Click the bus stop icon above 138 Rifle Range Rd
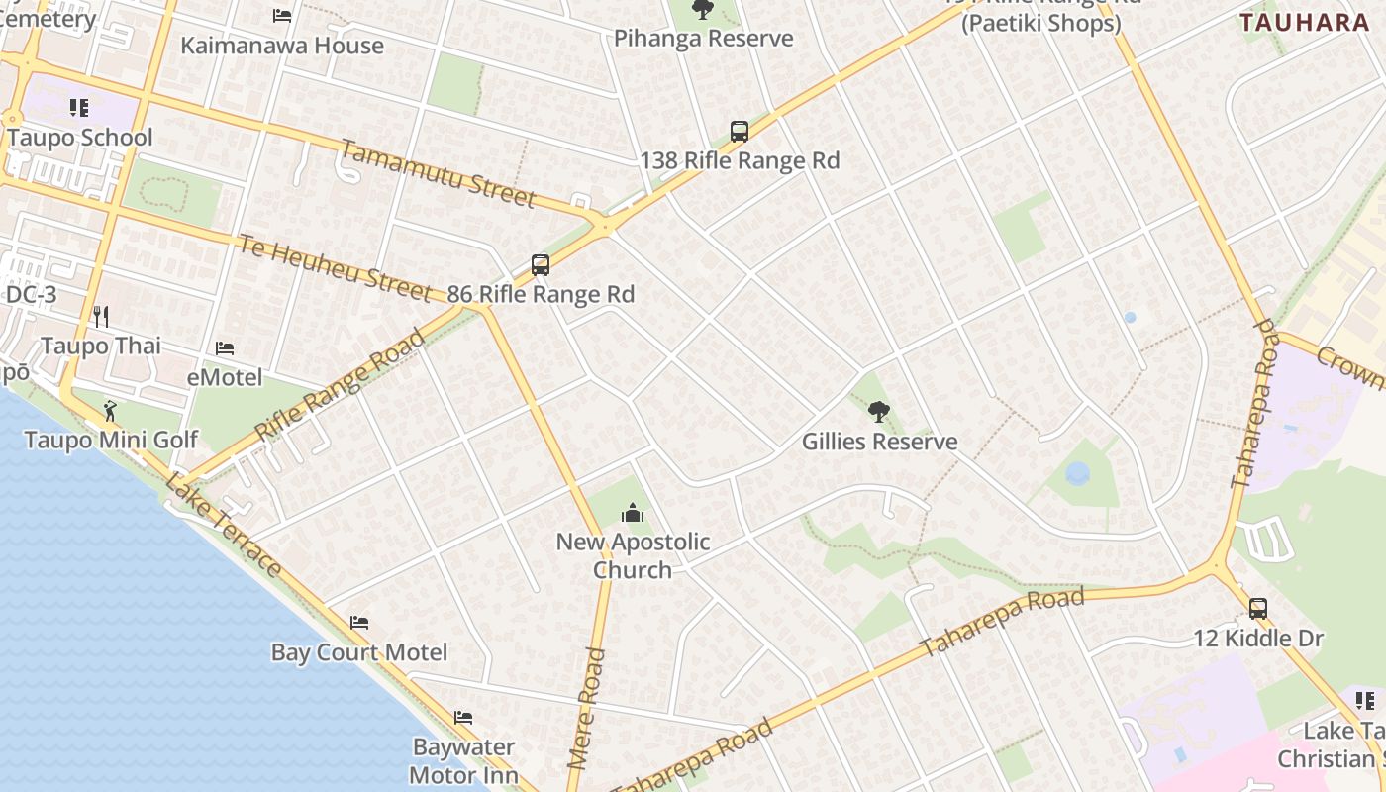click(740, 131)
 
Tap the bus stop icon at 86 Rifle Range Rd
click(541, 265)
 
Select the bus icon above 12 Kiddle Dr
click(1257, 608)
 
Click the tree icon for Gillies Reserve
click(878, 412)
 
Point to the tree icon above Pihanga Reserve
click(703, 10)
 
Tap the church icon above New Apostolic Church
click(632, 513)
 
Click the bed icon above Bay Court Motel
click(359, 623)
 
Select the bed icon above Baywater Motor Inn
click(463, 718)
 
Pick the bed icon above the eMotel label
click(225, 348)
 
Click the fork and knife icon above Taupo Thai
click(100, 317)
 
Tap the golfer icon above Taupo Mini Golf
click(110, 410)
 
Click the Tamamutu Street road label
click(438, 173)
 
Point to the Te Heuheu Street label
click(335, 264)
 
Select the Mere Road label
click(586, 709)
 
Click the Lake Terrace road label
click(223, 525)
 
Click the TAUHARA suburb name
click(1304, 23)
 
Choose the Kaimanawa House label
click(282, 46)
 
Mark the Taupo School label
click(80, 138)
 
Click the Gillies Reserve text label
click(879, 442)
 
